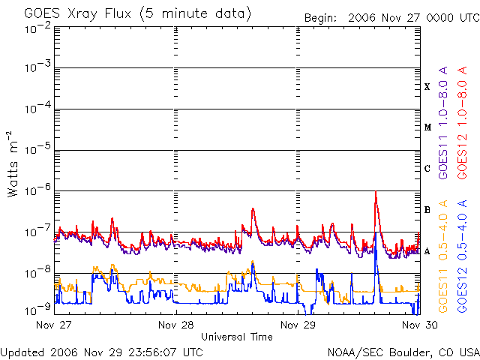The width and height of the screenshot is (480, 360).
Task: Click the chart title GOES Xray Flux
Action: (x=78, y=13)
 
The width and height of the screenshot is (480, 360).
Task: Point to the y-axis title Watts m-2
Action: (x=13, y=164)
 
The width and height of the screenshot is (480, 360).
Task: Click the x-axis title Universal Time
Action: (x=237, y=337)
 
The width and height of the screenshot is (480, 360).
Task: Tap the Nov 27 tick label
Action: (x=53, y=325)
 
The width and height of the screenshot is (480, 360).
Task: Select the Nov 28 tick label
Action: (x=176, y=325)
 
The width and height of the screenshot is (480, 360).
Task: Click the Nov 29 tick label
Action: (x=298, y=325)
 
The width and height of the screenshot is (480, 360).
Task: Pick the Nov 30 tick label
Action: (x=420, y=325)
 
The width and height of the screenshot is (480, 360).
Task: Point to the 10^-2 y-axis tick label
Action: (x=38, y=28)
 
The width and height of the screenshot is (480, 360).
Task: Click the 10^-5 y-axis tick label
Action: (x=38, y=149)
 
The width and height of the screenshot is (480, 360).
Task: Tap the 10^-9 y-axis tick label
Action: (x=38, y=310)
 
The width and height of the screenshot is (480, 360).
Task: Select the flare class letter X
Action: (x=427, y=87)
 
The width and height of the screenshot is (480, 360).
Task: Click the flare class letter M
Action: (x=427, y=127)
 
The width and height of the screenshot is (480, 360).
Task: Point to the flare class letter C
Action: (x=427, y=168)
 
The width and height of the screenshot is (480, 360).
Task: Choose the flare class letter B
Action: (x=427, y=210)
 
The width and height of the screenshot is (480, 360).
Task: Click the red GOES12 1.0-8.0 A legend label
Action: (x=462, y=122)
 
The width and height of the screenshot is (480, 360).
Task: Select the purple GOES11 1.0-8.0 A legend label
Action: (x=443, y=122)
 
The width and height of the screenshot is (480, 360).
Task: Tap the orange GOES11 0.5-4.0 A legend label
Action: (x=443, y=256)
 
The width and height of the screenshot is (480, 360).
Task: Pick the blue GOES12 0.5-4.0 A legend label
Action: (x=462, y=256)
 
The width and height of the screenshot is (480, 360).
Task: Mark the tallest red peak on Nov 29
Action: (x=376, y=192)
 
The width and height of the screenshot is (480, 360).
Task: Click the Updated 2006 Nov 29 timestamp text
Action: (x=102, y=352)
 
